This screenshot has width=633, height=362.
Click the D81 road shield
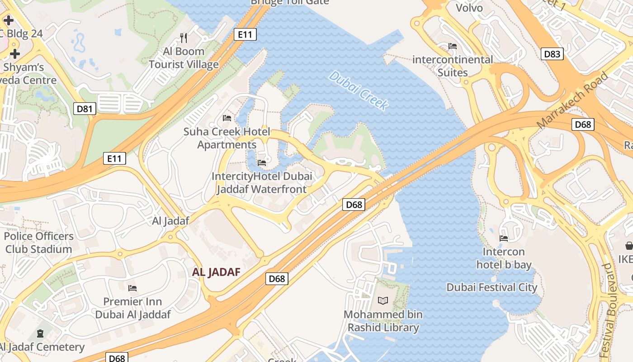click(85, 109)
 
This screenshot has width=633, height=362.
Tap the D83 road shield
click(552, 54)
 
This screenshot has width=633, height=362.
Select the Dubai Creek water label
click(358, 90)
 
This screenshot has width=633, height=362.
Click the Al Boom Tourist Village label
click(184, 58)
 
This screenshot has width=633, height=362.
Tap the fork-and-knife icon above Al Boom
click(184, 38)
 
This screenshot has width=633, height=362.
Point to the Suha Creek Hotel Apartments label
click(227, 138)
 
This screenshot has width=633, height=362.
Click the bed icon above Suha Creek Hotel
click(227, 118)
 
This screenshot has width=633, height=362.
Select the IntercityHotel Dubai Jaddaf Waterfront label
click(262, 183)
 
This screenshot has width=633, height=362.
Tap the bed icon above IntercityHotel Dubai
click(262, 162)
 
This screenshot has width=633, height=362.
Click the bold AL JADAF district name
click(216, 272)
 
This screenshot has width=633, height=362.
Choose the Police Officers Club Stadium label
click(38, 243)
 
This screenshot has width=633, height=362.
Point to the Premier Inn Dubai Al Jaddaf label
click(133, 308)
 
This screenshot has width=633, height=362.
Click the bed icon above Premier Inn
click(132, 288)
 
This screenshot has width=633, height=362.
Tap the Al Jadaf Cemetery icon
click(41, 334)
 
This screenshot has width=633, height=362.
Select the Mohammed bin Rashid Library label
click(383, 321)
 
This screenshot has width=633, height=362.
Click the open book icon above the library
click(383, 300)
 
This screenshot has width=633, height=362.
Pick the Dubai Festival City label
click(492, 287)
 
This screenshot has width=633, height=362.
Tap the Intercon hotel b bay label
click(504, 258)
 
